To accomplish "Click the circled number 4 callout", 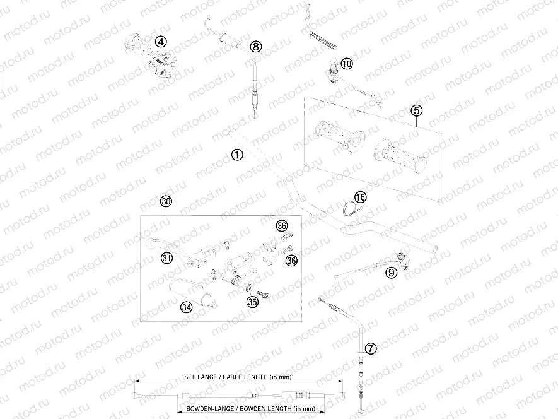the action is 161,42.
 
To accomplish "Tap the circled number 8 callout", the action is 255,46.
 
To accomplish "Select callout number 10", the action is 347,64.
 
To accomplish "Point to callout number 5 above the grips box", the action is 416,111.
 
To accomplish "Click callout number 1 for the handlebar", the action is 237,155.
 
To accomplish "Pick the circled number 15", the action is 360,197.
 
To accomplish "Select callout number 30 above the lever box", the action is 166,201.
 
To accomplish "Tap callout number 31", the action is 166,257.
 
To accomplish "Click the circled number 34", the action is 186,307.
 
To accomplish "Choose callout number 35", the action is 252,302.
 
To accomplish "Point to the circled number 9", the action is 391,273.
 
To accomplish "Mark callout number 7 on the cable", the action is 371,348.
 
